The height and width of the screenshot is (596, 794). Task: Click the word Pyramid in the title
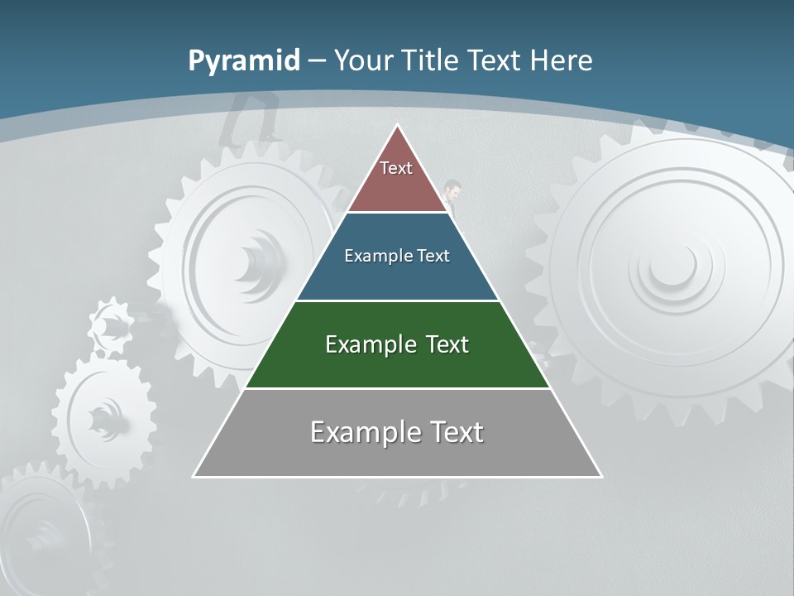pyautogui.click(x=243, y=61)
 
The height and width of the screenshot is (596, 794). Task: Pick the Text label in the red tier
pyautogui.click(x=396, y=168)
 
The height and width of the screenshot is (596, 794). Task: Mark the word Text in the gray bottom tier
pyautogui.click(x=455, y=432)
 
